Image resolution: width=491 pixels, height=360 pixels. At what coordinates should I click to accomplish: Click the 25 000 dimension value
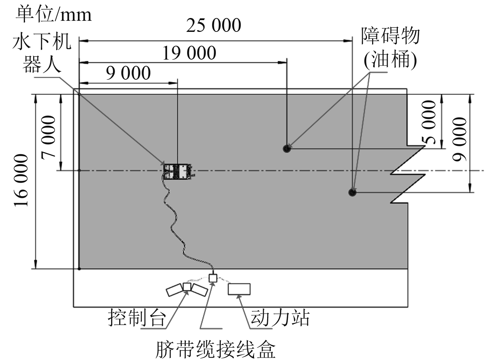tap(213, 26)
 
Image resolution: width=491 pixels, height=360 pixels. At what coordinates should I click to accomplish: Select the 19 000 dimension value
tap(190, 53)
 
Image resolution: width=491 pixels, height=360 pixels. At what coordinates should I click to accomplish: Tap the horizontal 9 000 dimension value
tap(129, 73)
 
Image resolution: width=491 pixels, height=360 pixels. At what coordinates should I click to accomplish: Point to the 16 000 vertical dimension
tap(21, 181)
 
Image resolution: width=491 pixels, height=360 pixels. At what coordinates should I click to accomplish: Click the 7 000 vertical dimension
tap(48, 137)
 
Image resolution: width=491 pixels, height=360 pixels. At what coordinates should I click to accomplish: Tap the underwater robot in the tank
tap(178, 172)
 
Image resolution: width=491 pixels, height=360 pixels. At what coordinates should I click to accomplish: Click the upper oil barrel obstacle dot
tap(287, 149)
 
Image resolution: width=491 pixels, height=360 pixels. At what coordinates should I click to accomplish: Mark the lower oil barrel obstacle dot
tap(352, 192)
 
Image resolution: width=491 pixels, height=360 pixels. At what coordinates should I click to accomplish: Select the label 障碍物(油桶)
tap(390, 48)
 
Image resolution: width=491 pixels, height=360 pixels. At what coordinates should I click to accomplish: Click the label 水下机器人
tap(42, 53)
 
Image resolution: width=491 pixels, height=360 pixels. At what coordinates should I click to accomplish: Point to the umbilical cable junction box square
tap(213, 278)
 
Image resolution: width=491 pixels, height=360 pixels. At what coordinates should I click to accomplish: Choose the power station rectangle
tap(239, 289)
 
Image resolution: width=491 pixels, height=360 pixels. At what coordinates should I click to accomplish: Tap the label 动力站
tap(280, 317)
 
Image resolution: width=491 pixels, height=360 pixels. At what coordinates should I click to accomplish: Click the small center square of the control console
tap(187, 287)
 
